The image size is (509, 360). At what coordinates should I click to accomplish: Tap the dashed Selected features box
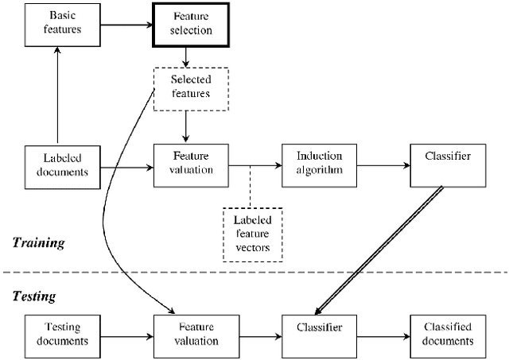pos(190,87)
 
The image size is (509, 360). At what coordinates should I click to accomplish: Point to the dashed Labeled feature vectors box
pos(252,231)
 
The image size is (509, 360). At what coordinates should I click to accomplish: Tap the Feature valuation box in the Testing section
pos(190,333)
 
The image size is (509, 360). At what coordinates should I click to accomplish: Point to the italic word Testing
pos(34,296)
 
